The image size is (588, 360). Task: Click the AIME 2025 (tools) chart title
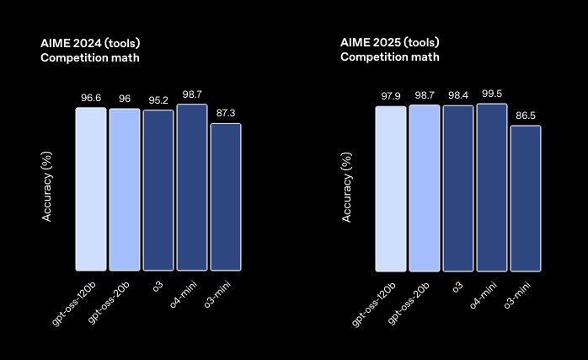(390, 42)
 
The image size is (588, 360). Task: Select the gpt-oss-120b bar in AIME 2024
(91, 189)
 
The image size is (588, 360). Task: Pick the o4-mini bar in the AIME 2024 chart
(192, 187)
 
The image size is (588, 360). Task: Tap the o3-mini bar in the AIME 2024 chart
(226, 197)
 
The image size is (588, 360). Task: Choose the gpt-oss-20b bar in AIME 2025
(425, 187)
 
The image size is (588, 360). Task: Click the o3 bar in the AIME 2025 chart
(458, 188)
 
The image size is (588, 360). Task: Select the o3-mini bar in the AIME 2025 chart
(526, 199)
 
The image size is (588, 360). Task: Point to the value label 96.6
(91, 98)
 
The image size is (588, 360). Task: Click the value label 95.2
(158, 100)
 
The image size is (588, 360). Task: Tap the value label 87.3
(226, 114)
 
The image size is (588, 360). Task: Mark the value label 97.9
(391, 96)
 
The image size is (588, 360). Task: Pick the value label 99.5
(492, 94)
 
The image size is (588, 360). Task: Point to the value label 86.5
(526, 116)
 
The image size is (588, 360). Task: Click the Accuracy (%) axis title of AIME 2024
(48, 186)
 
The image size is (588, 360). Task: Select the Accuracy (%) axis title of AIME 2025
(347, 186)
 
